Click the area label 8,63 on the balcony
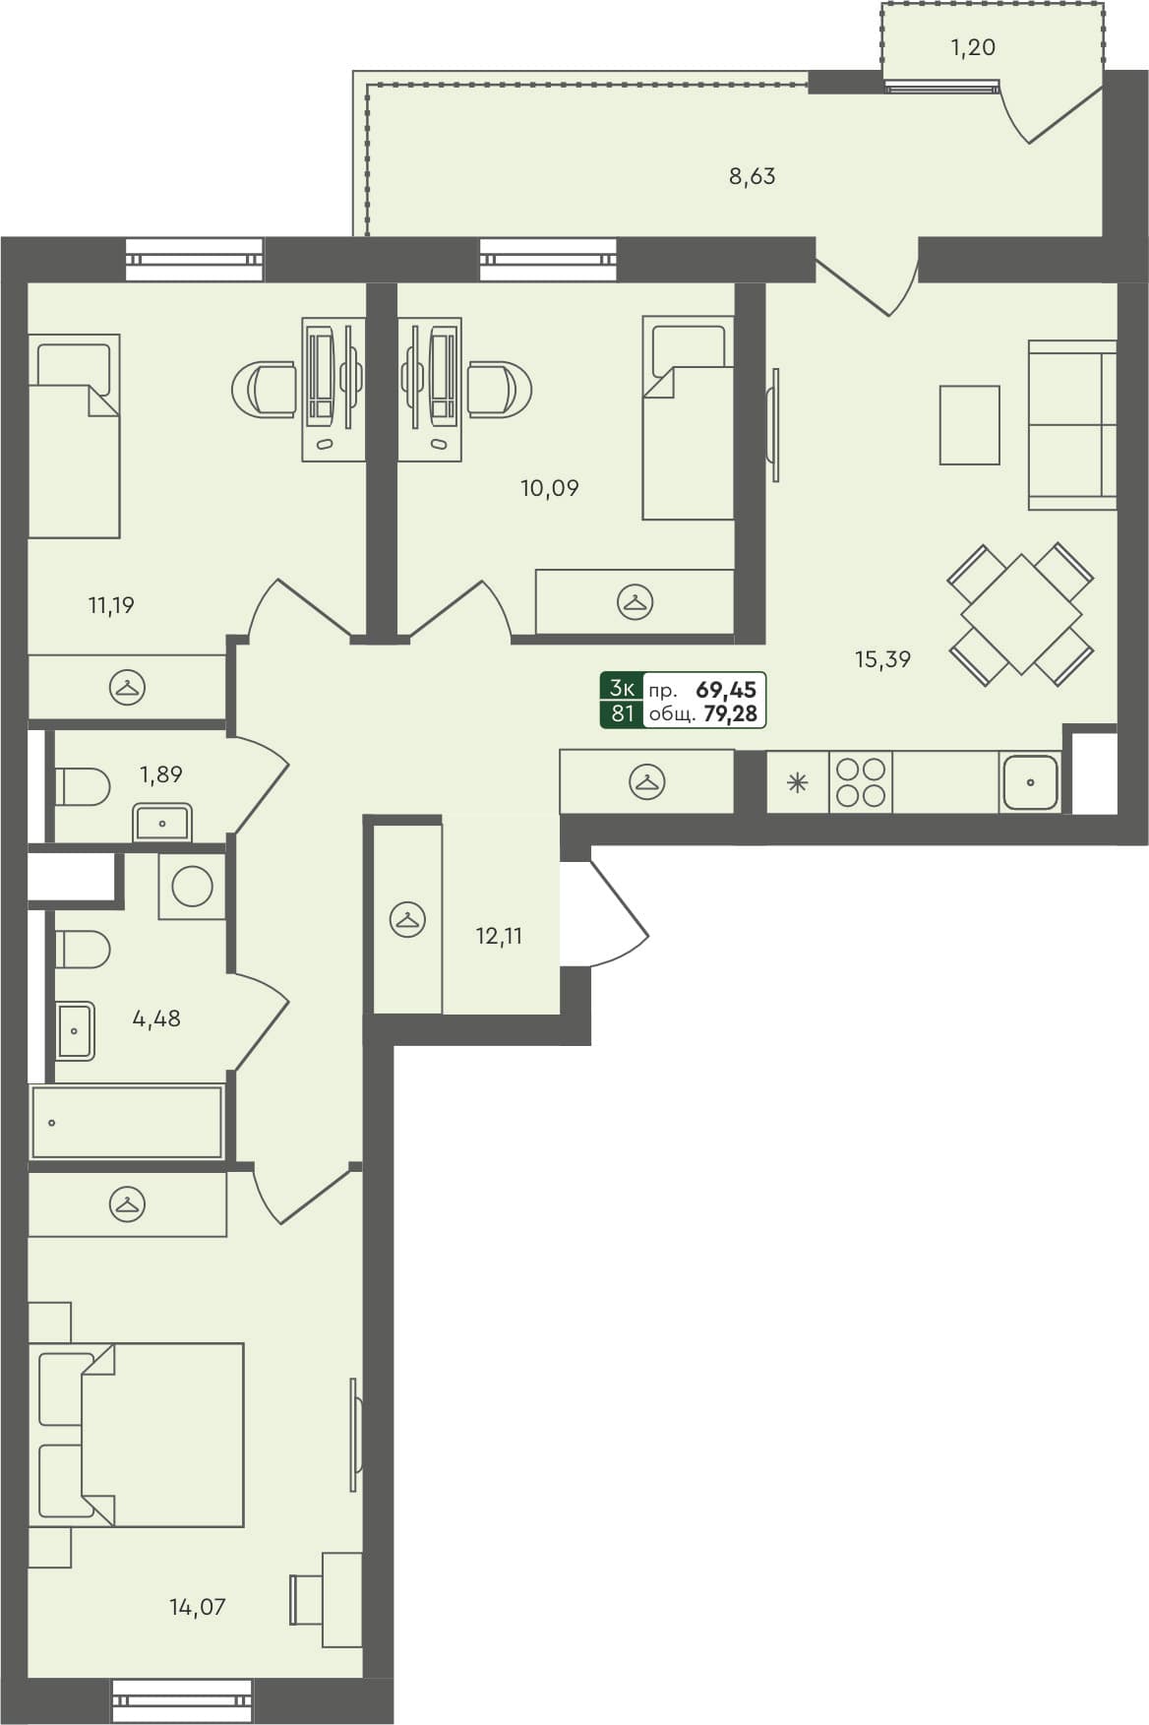752,177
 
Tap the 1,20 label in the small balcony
973,47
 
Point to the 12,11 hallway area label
499,937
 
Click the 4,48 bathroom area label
156,1018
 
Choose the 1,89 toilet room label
160,774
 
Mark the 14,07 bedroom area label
197,1608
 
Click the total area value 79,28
730,713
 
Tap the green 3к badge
622,687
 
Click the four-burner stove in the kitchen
861,782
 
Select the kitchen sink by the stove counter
1030,783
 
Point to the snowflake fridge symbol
797,784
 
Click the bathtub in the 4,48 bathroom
126,1122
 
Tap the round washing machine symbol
192,887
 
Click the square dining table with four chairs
1021,614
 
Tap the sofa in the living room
1072,425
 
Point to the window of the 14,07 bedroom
182,1699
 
